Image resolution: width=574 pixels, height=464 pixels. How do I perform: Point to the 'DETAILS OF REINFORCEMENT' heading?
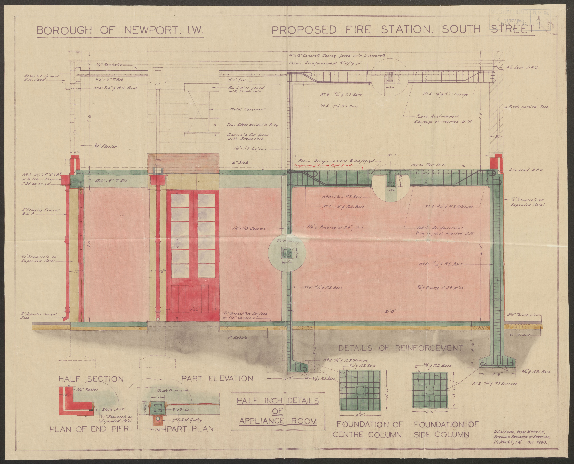(x=401, y=348)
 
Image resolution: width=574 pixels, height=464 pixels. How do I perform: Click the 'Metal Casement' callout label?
(x=247, y=109)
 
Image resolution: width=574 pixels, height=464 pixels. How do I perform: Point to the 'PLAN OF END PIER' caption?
(x=89, y=429)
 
